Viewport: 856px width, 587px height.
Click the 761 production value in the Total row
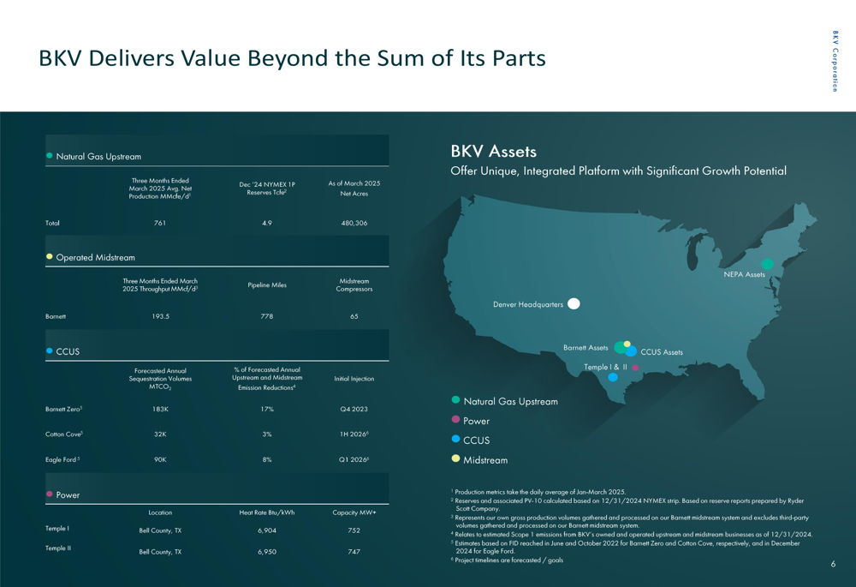[x=160, y=223]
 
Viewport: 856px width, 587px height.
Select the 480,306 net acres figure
[x=354, y=223]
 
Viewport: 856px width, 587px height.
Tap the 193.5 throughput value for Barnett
[x=160, y=316]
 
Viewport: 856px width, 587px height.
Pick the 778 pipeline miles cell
[x=267, y=316]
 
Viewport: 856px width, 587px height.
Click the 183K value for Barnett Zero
[x=160, y=410]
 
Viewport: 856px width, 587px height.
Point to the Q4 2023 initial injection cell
[x=354, y=410]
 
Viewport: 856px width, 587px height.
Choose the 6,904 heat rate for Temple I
[x=267, y=530]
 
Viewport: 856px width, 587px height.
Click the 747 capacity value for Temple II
[x=354, y=552]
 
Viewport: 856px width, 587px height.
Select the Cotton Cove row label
[x=63, y=434]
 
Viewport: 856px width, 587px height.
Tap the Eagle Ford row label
[x=62, y=460]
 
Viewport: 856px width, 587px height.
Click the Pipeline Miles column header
[x=267, y=285]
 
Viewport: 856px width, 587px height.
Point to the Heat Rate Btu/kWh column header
[x=267, y=512]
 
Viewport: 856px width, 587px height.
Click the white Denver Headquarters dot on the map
[x=574, y=303]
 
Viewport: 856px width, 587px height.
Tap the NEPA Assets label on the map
[x=744, y=275]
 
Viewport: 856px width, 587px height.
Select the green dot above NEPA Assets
[x=768, y=264]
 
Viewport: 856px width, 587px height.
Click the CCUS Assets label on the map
[x=662, y=352]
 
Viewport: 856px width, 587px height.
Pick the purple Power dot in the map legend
[x=456, y=420]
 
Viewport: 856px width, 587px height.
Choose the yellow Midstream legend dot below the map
[x=456, y=458]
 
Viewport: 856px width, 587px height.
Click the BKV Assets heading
[x=494, y=152]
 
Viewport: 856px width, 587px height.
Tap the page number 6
[x=833, y=564]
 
